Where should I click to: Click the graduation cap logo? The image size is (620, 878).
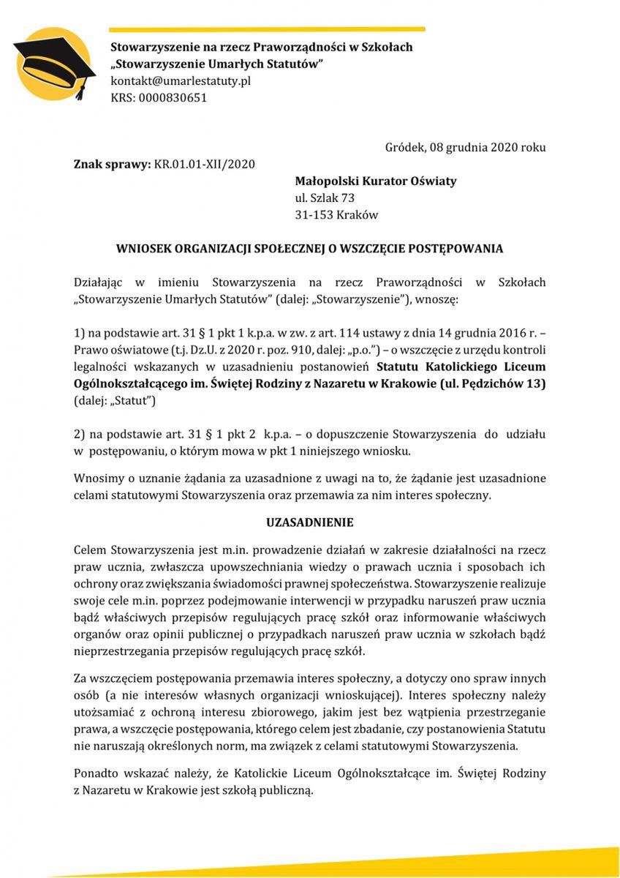(x=53, y=63)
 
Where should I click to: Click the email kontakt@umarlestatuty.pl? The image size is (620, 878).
(x=180, y=80)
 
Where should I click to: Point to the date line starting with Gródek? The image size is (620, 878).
(x=465, y=147)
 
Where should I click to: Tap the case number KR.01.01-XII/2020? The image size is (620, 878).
(x=205, y=164)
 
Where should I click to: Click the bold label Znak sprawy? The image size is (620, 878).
(x=113, y=164)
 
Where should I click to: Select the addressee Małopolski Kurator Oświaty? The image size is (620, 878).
(x=375, y=181)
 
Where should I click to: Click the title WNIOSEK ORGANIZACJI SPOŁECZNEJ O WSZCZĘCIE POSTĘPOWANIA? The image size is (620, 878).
(x=309, y=249)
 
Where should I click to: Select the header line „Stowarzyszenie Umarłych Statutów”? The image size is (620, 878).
(x=217, y=64)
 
